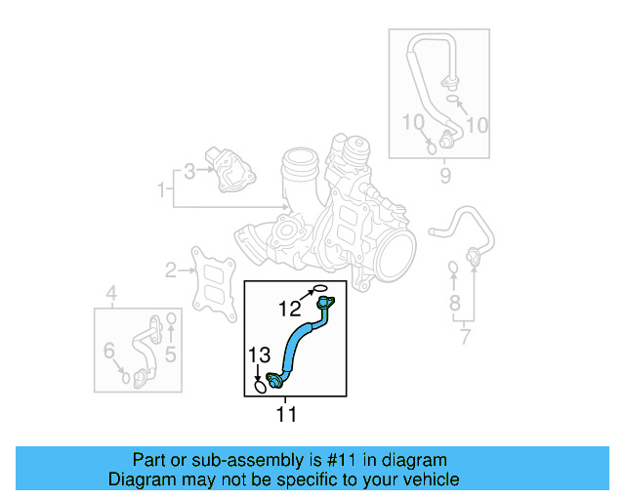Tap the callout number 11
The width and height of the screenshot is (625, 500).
pos(285,415)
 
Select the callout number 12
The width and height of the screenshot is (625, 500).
pos(289,309)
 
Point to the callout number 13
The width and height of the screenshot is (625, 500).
pos(258,355)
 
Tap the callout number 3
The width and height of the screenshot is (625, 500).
pos(189,173)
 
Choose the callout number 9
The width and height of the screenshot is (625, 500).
pos(445,176)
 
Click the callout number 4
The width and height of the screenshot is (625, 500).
pos(111,292)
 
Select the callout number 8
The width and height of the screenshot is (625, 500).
pos(454,303)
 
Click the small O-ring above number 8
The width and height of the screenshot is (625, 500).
pos(453,267)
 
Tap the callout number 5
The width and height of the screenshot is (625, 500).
pos(169,354)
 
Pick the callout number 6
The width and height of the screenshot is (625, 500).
pos(109,350)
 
